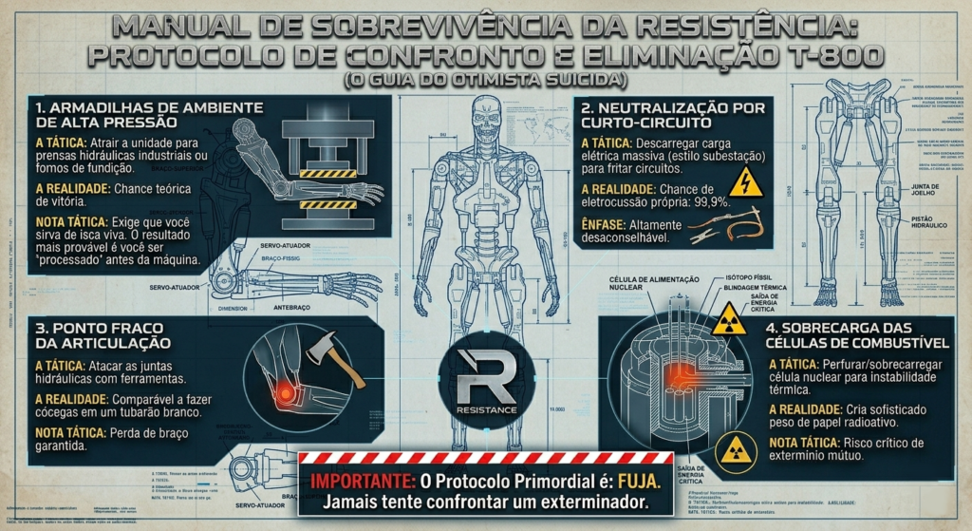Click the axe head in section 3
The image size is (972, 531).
(320, 351)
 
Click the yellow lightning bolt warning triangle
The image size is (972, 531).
(744, 180)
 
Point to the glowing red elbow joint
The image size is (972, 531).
(284, 388)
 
